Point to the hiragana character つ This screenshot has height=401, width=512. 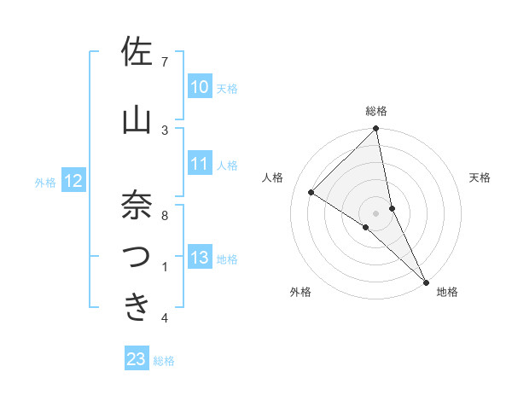tap(137, 258)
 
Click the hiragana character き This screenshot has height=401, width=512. tap(137, 308)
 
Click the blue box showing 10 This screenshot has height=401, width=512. tap(200, 87)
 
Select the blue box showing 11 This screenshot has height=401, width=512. tap(200, 164)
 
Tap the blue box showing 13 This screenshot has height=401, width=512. tap(200, 258)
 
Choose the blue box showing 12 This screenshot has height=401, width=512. tap(73, 181)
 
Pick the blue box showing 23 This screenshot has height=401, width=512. tap(137, 359)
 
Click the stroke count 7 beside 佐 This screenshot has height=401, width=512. tap(165, 61)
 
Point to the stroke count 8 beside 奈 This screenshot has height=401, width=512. tap(165, 216)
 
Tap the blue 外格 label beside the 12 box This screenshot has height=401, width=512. tap(45, 182)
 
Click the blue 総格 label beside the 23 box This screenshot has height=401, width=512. tap(164, 360)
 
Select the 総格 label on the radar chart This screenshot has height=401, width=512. tap(376, 111)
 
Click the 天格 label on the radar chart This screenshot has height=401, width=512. tap(480, 177)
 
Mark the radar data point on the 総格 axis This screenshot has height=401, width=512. tap(376, 129)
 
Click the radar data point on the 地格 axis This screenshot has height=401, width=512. tap(426, 281)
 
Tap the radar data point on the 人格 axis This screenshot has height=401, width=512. tap(311, 192)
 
